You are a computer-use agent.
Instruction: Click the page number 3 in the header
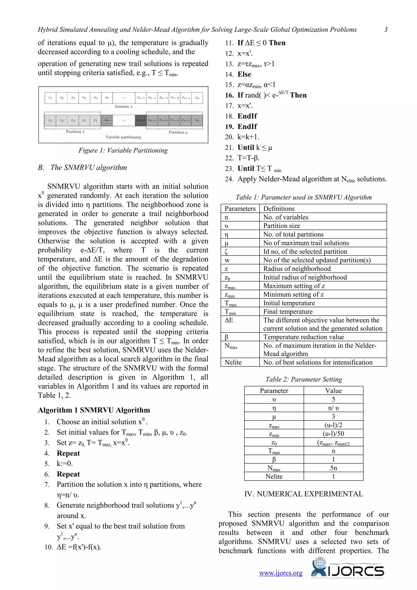(x=386, y=30)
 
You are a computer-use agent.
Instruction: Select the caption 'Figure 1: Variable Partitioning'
(x=123, y=150)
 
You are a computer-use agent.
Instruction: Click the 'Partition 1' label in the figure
(x=75, y=132)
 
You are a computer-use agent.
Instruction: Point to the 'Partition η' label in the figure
(x=178, y=132)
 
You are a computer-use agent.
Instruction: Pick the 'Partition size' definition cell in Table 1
(x=281, y=226)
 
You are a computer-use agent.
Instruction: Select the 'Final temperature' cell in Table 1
(x=288, y=312)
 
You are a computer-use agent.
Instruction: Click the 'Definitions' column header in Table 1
(x=279, y=209)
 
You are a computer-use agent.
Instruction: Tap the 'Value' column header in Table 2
(x=333, y=391)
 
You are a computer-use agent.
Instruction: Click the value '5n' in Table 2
(x=333, y=468)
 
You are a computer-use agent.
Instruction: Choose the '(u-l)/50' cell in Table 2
(x=333, y=434)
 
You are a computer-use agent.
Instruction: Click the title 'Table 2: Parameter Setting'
(x=304, y=379)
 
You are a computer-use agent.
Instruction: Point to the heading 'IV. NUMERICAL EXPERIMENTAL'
(x=304, y=494)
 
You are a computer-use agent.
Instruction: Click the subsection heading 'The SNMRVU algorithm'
(x=89, y=167)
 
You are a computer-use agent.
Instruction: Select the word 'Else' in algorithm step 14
(x=244, y=75)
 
